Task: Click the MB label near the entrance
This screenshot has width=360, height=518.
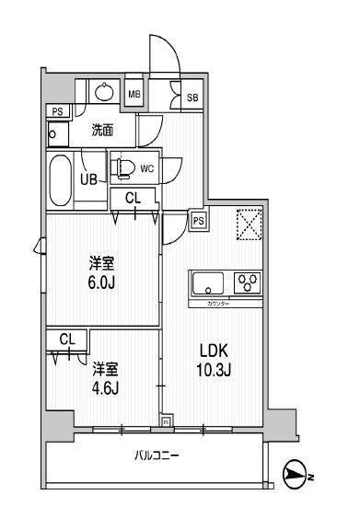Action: click(x=134, y=94)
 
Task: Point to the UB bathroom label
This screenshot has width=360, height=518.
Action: click(x=90, y=179)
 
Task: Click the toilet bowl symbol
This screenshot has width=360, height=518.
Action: click(x=123, y=168)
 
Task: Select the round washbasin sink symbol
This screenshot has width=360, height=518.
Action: click(x=104, y=92)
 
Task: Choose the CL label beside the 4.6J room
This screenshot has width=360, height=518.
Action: click(x=66, y=340)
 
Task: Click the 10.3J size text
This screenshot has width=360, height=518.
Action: click(x=213, y=370)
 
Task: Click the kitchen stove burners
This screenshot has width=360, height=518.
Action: click(x=248, y=281)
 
